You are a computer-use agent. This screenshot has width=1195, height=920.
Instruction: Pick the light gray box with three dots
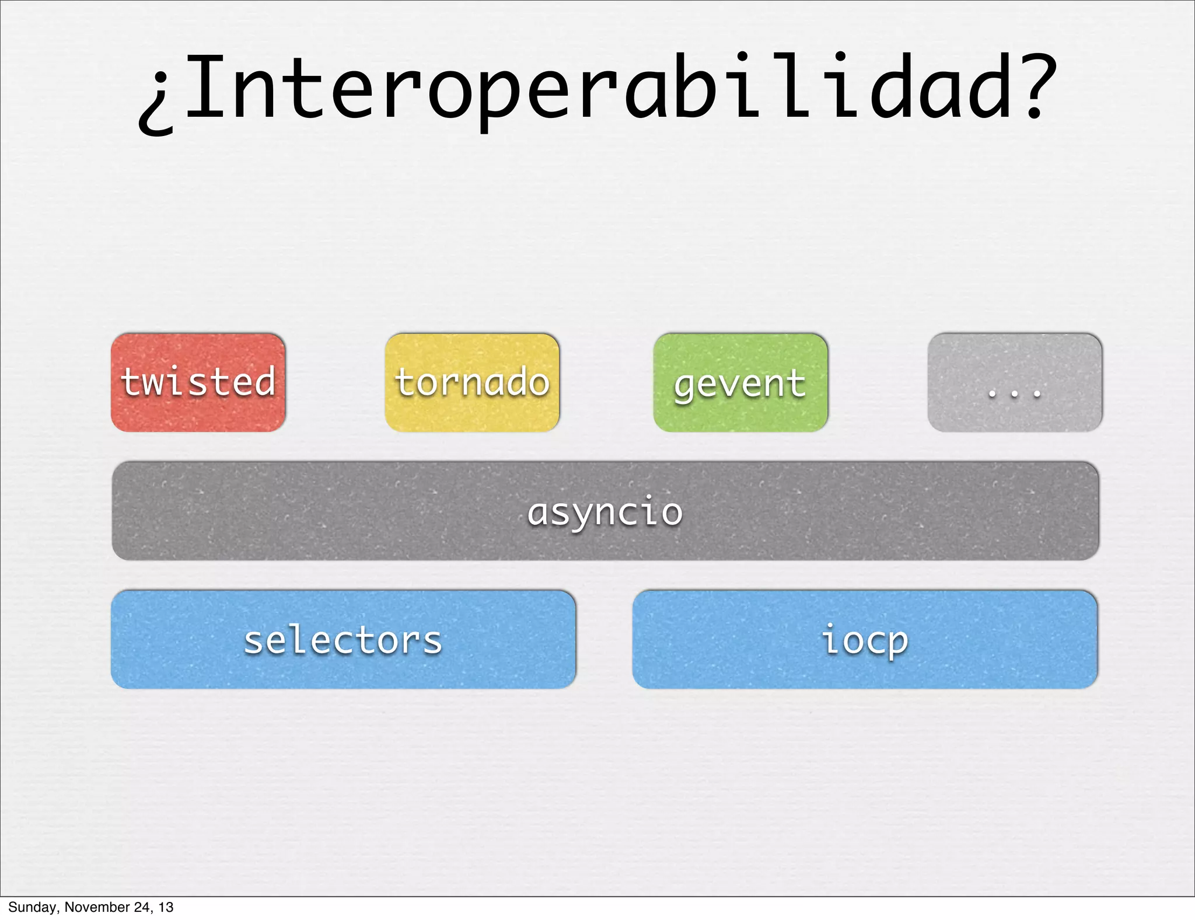pyautogui.click(x=1014, y=382)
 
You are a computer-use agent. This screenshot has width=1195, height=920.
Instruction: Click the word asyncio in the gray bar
pyautogui.click(x=605, y=512)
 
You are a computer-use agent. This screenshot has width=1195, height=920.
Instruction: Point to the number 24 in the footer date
pyautogui.click(x=144, y=907)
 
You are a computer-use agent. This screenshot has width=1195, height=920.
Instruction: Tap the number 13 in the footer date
pyautogui.click(x=166, y=907)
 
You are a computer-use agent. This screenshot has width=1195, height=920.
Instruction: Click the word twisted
pyautogui.click(x=198, y=382)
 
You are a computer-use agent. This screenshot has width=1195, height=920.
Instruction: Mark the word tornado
pyautogui.click(x=471, y=382)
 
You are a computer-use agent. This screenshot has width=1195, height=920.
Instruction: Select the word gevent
pyautogui.click(x=740, y=384)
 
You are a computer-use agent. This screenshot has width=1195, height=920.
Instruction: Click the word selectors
pyautogui.click(x=343, y=640)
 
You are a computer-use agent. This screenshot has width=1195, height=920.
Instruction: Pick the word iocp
pyautogui.click(x=865, y=640)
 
